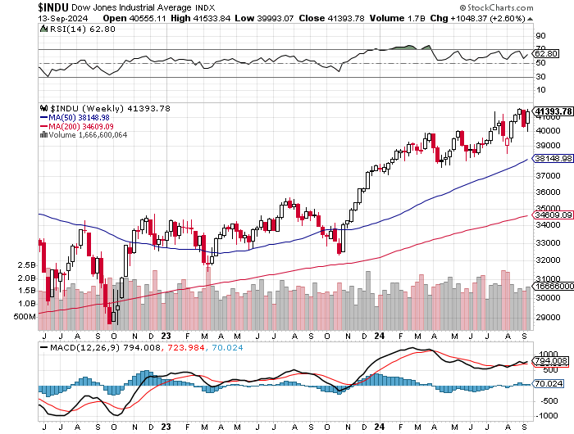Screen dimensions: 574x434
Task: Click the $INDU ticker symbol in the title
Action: click(53, 7)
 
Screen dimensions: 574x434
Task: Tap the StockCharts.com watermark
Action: click(496, 7)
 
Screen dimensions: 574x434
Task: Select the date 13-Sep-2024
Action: click(62, 18)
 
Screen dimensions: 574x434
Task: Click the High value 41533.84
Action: click(212, 18)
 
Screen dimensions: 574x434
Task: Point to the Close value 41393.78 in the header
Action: click(345, 18)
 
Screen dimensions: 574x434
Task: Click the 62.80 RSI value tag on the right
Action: click(546, 54)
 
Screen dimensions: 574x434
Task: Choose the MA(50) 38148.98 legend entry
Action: click(75, 118)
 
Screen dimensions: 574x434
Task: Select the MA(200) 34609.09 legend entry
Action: click(76, 126)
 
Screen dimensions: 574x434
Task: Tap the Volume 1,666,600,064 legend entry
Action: click(84, 135)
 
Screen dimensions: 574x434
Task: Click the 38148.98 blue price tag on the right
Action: click(553, 158)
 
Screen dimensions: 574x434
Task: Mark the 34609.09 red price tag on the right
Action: click(553, 215)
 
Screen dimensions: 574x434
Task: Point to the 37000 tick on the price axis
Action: click(548, 176)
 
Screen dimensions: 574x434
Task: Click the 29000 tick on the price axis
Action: click(548, 318)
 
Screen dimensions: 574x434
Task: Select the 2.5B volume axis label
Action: click(27, 265)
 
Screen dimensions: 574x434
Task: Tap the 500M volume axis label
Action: click(25, 317)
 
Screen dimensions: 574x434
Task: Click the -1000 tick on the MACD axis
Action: click(547, 416)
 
